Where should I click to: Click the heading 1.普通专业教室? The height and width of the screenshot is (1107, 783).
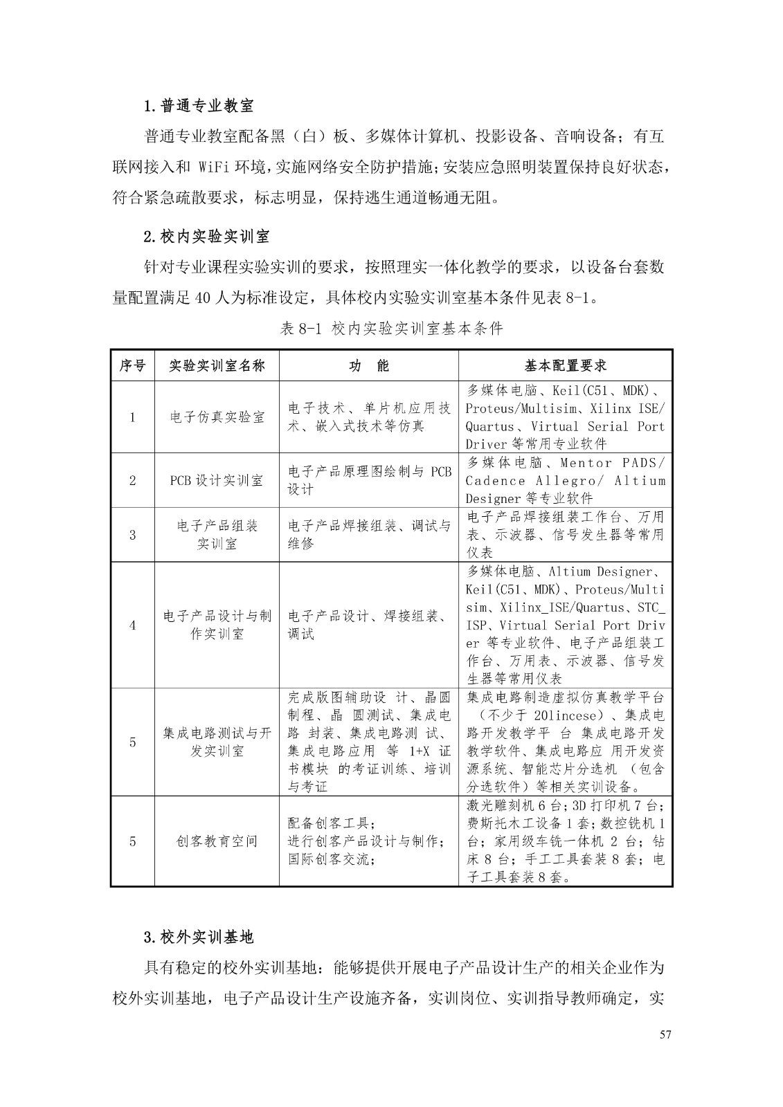click(199, 106)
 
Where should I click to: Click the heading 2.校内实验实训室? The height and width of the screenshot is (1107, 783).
click(206, 237)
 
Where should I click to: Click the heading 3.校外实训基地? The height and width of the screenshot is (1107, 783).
click(199, 937)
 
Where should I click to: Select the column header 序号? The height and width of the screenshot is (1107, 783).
click(132, 366)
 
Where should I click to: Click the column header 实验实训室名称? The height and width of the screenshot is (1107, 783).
click(217, 366)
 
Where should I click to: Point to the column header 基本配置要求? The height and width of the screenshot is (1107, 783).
click(565, 366)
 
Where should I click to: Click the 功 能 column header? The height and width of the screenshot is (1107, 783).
click(368, 366)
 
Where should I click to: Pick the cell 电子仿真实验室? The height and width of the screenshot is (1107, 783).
click(217, 417)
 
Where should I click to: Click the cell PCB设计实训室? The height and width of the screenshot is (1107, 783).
click(217, 480)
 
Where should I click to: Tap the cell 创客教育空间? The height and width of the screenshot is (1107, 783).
click(217, 841)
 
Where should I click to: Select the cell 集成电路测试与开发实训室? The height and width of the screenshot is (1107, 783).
click(217, 742)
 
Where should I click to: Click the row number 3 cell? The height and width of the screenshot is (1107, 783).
click(132, 535)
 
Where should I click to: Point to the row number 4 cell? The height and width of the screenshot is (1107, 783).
click(132, 625)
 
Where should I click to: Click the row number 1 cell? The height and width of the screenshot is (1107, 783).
click(132, 417)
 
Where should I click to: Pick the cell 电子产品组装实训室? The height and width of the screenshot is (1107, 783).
click(217, 535)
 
